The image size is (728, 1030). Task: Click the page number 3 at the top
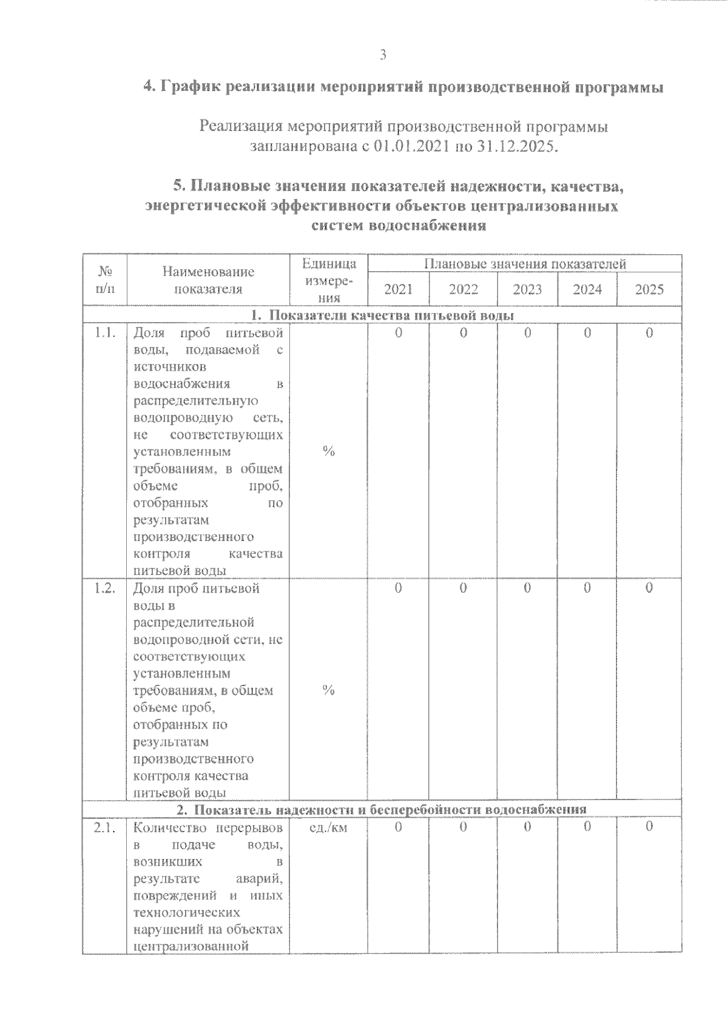click(x=382, y=55)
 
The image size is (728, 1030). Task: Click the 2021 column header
click(x=399, y=289)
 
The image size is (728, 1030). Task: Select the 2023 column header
click(x=527, y=289)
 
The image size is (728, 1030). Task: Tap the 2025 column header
click(x=649, y=289)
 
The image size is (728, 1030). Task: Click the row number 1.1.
click(x=105, y=333)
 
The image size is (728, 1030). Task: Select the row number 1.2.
click(x=105, y=588)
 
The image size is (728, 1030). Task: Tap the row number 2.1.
click(x=105, y=827)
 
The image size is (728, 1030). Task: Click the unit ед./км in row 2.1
click(x=328, y=827)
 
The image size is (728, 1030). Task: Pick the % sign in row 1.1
click(x=328, y=451)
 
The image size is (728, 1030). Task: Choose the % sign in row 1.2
click(x=328, y=690)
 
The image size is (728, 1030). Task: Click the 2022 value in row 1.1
click(x=463, y=333)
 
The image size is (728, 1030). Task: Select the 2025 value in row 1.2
click(x=649, y=588)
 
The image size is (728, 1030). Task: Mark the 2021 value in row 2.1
click(x=399, y=827)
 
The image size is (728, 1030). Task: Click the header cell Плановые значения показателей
click(x=525, y=264)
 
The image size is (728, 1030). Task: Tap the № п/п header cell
click(x=105, y=280)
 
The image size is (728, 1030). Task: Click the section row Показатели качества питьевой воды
click(x=382, y=316)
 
